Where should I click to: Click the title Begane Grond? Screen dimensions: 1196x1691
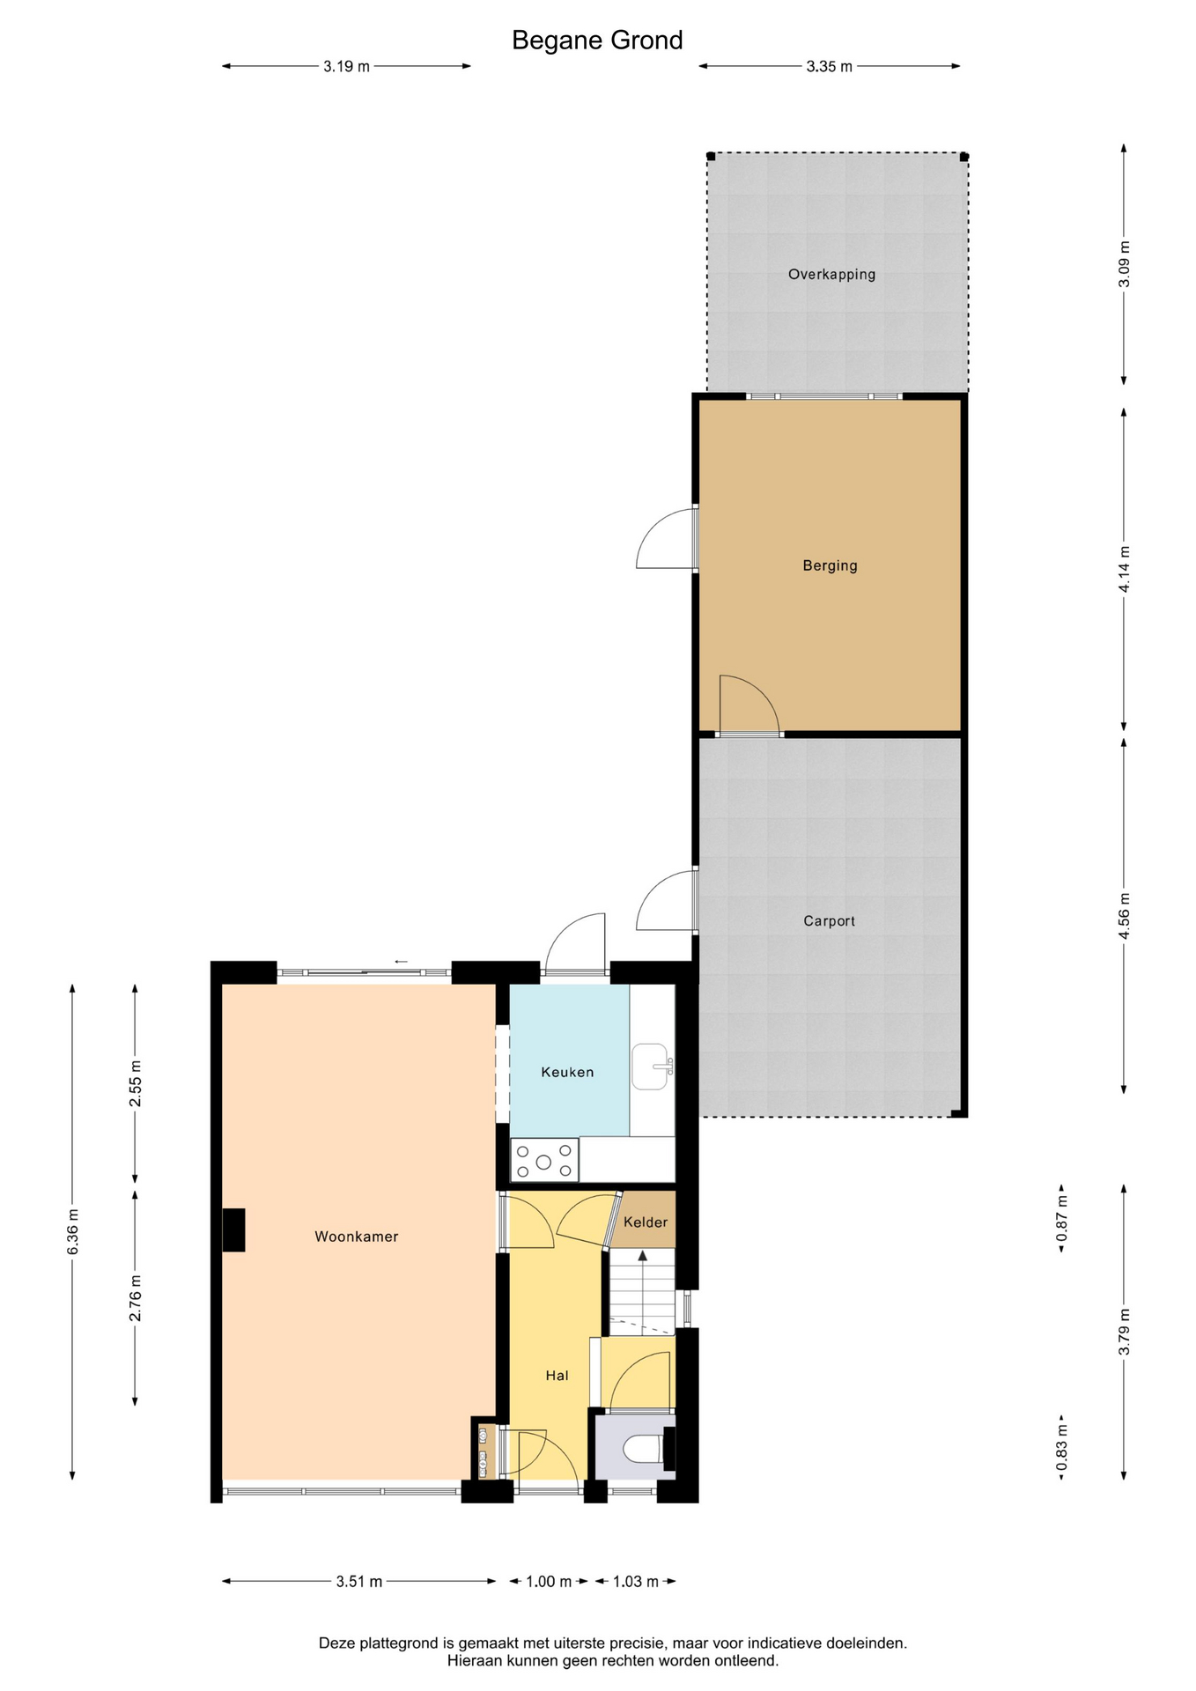coord(597,41)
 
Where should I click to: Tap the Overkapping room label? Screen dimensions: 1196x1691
coord(831,274)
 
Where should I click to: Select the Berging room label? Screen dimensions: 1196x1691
coord(830,565)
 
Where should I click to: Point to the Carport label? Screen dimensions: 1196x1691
coord(829,921)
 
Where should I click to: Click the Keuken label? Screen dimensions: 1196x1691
coord(567,1072)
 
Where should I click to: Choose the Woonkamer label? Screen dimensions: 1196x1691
coord(357,1237)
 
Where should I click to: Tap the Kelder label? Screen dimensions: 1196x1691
coord(646,1222)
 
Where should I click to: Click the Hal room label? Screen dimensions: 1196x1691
coord(557,1375)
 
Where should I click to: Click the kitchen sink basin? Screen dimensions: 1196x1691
coord(650,1067)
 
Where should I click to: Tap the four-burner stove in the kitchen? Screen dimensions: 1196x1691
coord(544,1160)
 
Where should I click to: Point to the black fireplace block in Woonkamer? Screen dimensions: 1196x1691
coord(233,1229)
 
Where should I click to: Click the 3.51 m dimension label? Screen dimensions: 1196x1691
coord(359,1582)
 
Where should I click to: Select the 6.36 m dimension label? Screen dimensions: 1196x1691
coord(73,1232)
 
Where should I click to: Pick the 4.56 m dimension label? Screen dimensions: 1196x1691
coord(1124,916)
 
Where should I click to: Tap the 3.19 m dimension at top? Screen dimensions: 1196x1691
coord(346,66)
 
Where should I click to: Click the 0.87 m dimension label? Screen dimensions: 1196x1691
coord(1062,1219)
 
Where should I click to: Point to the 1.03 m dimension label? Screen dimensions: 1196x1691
coord(636,1582)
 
